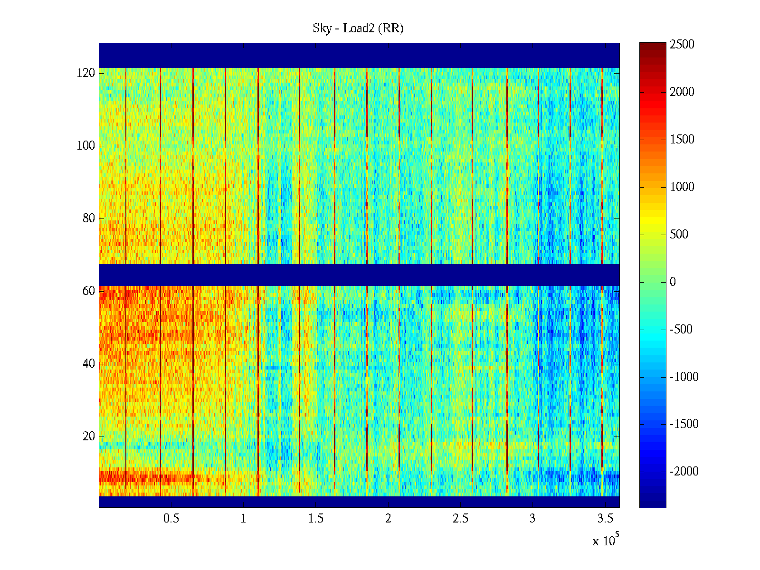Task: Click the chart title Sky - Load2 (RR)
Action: [x=358, y=28]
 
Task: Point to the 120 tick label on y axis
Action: [x=86, y=73]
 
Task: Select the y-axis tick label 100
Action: [x=86, y=146]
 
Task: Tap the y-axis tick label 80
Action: [x=89, y=218]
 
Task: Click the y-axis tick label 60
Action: [x=89, y=291]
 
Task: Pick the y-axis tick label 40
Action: [x=89, y=364]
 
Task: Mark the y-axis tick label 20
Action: [x=89, y=437]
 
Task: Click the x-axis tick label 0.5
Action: [x=171, y=519]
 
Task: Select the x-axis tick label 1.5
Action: [x=316, y=519]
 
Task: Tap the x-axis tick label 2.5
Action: [x=460, y=519]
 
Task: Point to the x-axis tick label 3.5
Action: [x=605, y=519]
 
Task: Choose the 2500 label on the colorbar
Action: [x=682, y=45]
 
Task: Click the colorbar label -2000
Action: [x=684, y=472]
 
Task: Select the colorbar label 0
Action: [x=673, y=282]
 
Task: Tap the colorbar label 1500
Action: [x=682, y=140]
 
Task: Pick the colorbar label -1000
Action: [x=684, y=377]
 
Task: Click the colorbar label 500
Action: [x=679, y=235]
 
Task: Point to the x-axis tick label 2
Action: [x=388, y=519]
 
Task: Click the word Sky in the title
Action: [x=322, y=28]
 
